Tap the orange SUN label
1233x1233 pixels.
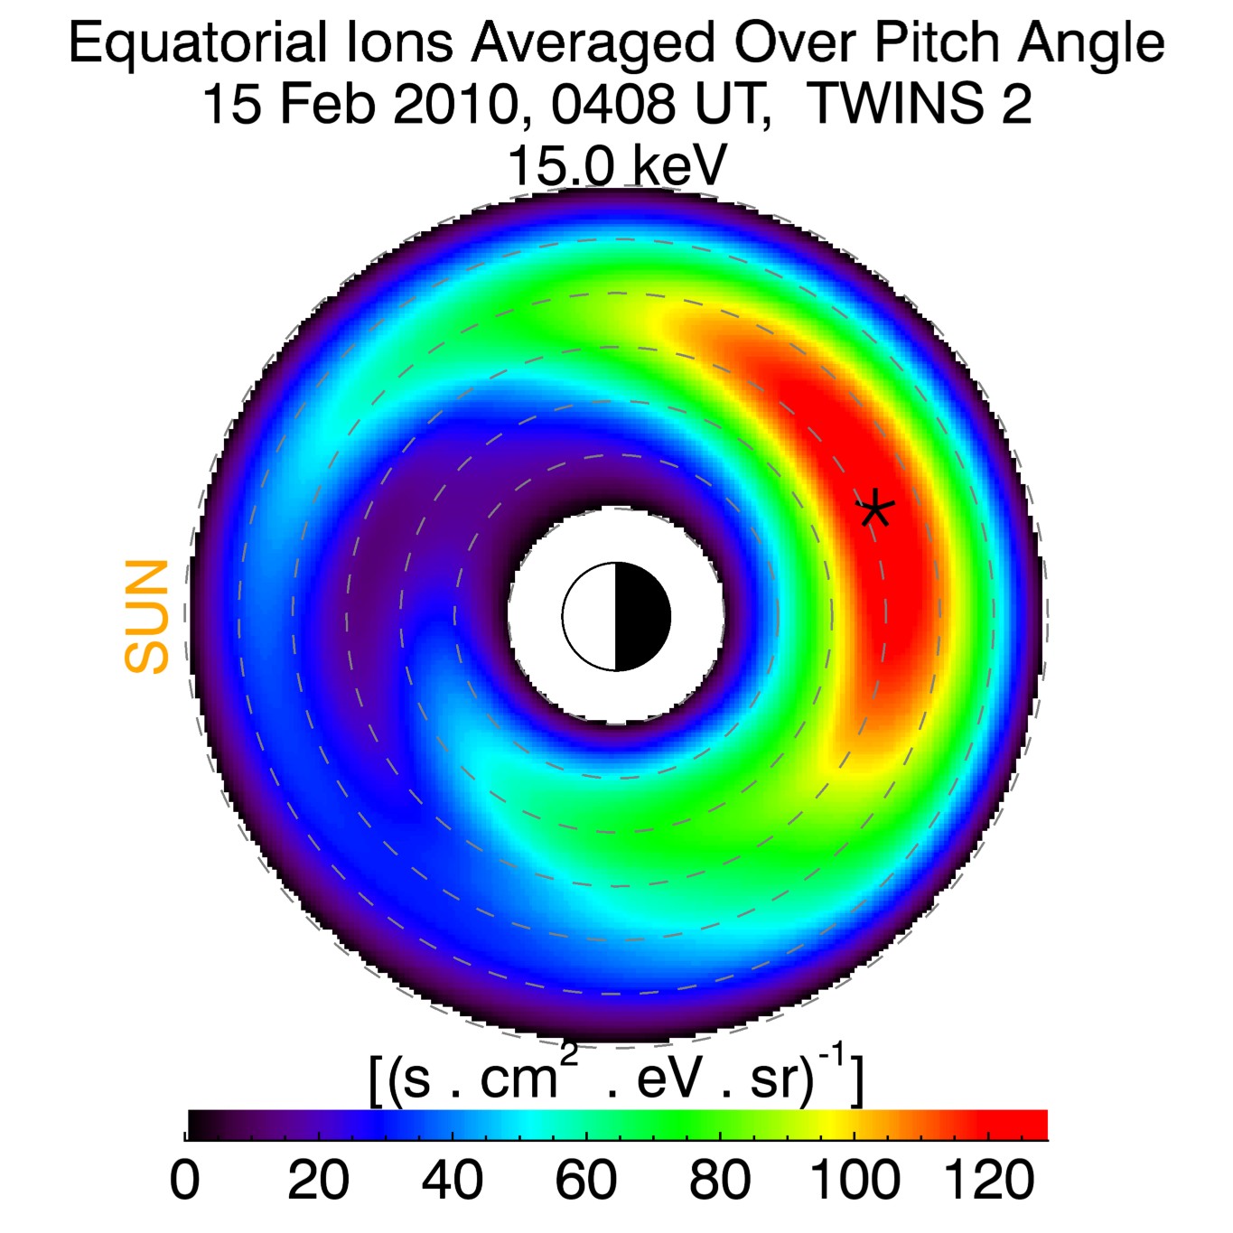[x=147, y=616]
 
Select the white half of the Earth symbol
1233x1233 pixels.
[x=590, y=616]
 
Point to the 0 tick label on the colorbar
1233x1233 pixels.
[x=185, y=1180]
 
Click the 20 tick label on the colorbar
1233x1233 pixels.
[x=318, y=1180]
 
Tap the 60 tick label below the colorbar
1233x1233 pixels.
[x=585, y=1180]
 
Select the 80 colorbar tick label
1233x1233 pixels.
[x=719, y=1180]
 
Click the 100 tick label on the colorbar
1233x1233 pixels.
[x=855, y=1180]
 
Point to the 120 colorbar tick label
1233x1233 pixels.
[x=988, y=1180]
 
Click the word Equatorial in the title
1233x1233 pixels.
[x=198, y=43]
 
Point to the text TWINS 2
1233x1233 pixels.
[x=919, y=104]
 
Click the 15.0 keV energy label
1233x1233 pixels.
[x=617, y=165]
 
